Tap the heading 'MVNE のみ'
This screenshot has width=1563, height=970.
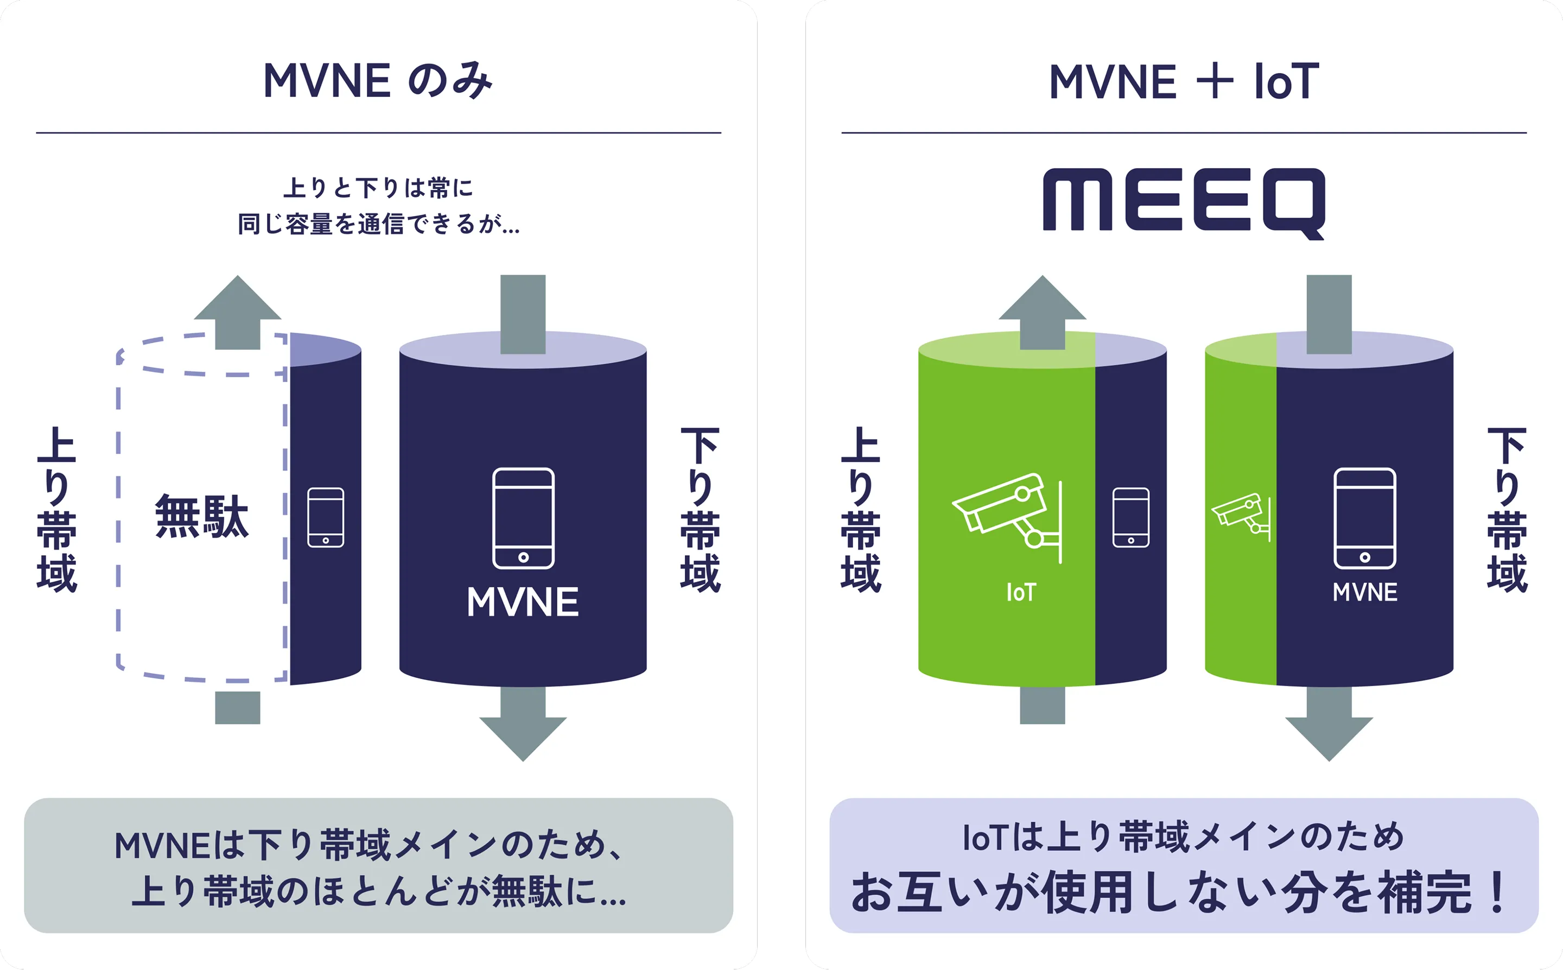[378, 81]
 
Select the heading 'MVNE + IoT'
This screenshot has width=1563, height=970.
[1184, 81]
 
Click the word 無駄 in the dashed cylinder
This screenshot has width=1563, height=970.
[201, 516]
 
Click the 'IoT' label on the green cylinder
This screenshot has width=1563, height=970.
[1020, 592]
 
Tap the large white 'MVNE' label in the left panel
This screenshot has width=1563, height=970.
[523, 603]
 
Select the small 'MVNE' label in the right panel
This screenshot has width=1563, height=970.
[1365, 592]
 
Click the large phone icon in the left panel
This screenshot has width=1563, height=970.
[523, 518]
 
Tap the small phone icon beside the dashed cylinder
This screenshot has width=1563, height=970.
[326, 517]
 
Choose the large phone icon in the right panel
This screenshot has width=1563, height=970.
[1365, 518]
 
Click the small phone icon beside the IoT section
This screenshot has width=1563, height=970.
[1130, 517]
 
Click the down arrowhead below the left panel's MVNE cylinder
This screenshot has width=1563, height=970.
[523, 737]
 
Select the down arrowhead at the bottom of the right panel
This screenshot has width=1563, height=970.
[1329, 737]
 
